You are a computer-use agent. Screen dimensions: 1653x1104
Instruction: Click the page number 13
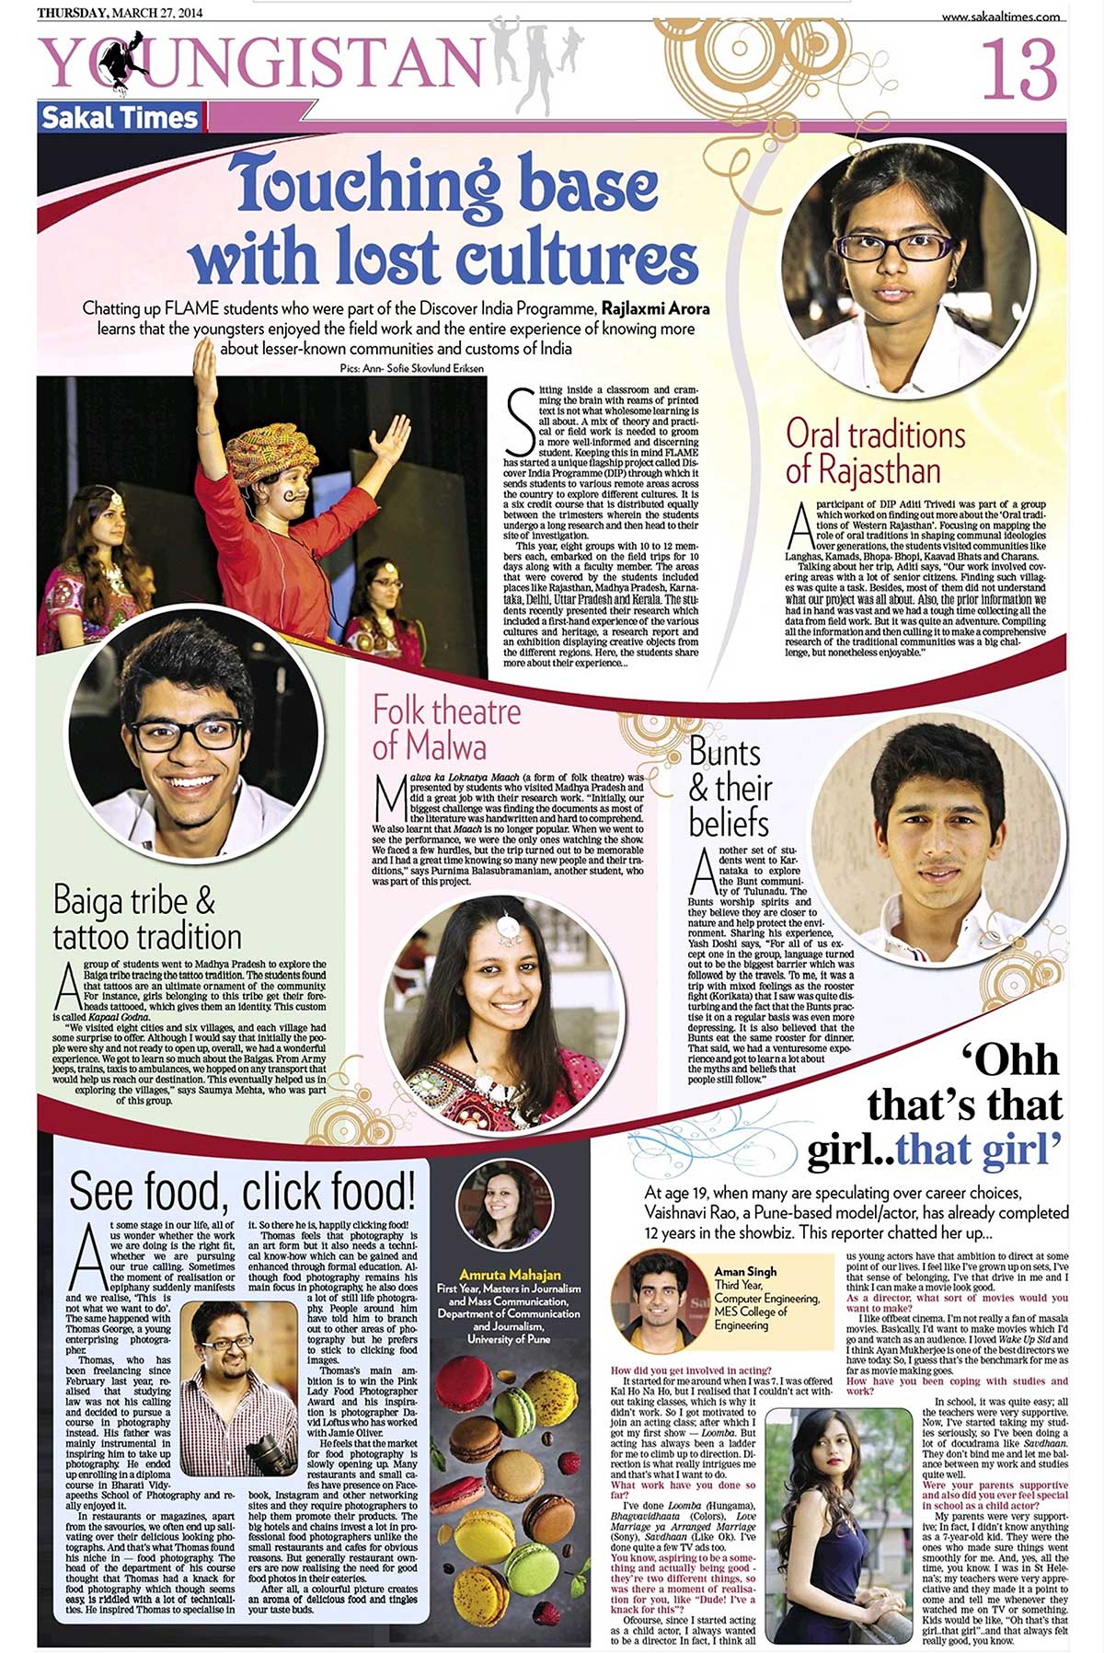click(1019, 70)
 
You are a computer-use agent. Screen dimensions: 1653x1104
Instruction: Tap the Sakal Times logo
click(120, 118)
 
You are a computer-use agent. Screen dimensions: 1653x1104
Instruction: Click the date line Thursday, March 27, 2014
click(120, 13)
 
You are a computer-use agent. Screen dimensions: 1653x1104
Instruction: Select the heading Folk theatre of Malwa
click(446, 727)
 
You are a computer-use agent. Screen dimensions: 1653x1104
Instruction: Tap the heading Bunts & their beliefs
click(730, 788)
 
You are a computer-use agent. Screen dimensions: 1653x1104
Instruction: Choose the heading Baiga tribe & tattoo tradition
click(147, 919)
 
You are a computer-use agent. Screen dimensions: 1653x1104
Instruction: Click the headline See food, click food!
click(241, 1191)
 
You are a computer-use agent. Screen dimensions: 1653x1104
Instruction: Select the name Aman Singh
click(745, 1271)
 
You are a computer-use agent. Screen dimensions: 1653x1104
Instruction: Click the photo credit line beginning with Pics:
click(411, 368)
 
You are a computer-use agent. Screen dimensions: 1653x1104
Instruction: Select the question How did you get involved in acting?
click(691, 1370)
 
